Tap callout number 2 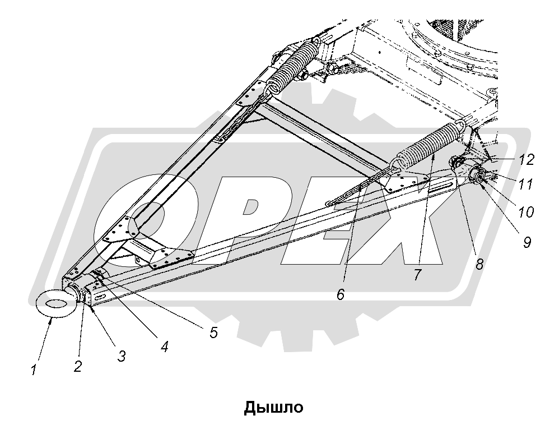[78, 366]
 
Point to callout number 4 [164, 346]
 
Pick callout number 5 [212, 332]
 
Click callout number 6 [341, 294]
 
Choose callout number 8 [479, 263]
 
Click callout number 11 [525, 184]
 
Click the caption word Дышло [274, 407]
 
